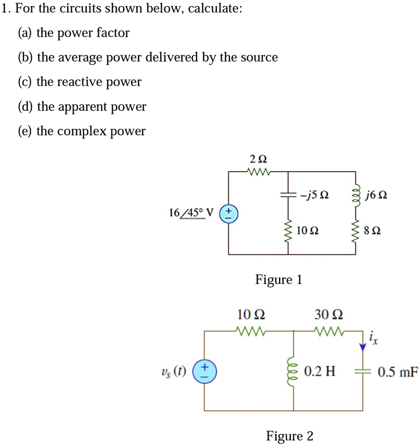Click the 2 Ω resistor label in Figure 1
tap(258, 159)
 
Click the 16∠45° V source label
tap(191, 213)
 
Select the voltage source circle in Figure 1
tap(228, 214)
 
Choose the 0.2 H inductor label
tap(320, 371)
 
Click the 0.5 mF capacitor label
tap(398, 371)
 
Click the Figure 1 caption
tap(278, 280)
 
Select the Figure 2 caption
tap(290, 436)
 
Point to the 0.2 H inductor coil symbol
tap(293, 371)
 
